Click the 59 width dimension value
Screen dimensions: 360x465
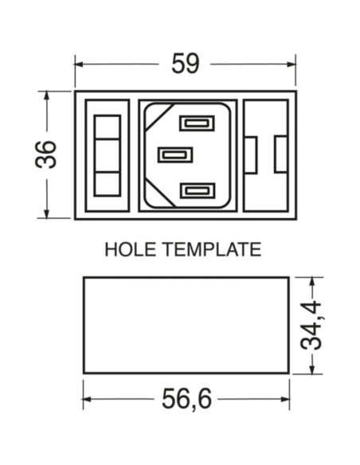coord(186,64)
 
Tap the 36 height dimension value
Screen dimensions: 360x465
coord(45,154)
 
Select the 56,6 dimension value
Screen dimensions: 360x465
coord(186,399)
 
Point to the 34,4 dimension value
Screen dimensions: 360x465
coord(311,326)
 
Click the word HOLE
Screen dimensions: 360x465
coord(130,249)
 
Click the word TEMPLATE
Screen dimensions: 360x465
coord(212,249)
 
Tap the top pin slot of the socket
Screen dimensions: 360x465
coord(197,123)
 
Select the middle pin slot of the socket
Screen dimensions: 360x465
coord(175,154)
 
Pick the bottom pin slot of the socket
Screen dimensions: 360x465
coord(198,190)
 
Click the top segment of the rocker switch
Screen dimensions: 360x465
coord(108,127)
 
